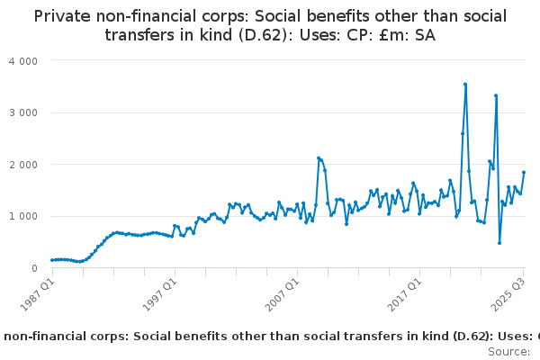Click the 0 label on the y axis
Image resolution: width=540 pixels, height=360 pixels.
click(35, 268)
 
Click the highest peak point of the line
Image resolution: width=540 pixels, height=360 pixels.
click(465, 85)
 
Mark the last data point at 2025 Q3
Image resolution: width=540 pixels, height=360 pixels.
click(524, 173)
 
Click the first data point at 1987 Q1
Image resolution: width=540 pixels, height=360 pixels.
click(51, 260)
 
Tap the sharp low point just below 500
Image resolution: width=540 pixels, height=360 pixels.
click(499, 243)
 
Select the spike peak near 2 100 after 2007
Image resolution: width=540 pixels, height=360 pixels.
click(319, 158)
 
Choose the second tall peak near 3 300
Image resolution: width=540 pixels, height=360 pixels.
click(496, 95)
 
